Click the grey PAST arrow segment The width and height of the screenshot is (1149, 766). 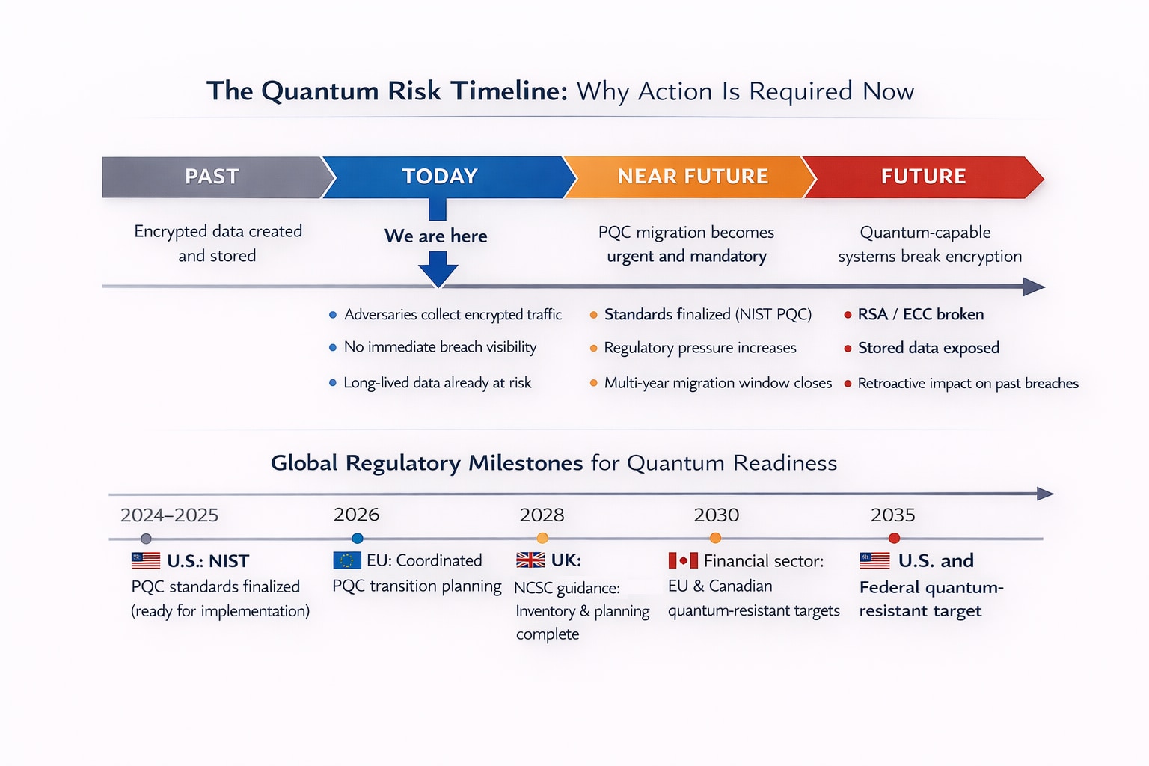212,177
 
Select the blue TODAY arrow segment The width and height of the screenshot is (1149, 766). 440,177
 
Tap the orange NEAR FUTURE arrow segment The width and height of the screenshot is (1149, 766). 692,177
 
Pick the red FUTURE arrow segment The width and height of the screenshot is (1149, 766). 922,177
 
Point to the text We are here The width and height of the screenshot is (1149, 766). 435,236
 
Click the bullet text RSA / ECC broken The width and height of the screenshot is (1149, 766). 920,315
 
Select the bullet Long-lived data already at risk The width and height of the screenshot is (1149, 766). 437,383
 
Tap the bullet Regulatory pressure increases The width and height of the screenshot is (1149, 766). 699,349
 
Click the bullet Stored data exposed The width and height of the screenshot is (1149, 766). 928,349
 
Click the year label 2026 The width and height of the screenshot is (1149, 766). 356,515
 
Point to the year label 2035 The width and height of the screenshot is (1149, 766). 892,515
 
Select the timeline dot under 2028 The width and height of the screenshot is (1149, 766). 542,539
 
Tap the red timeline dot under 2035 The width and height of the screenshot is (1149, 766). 894,539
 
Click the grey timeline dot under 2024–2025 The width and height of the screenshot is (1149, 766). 146,539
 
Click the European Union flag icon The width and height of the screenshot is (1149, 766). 346,560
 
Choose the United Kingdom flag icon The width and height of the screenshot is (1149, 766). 530,560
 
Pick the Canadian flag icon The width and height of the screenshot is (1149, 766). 682,560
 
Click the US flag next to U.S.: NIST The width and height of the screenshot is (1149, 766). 146,560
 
